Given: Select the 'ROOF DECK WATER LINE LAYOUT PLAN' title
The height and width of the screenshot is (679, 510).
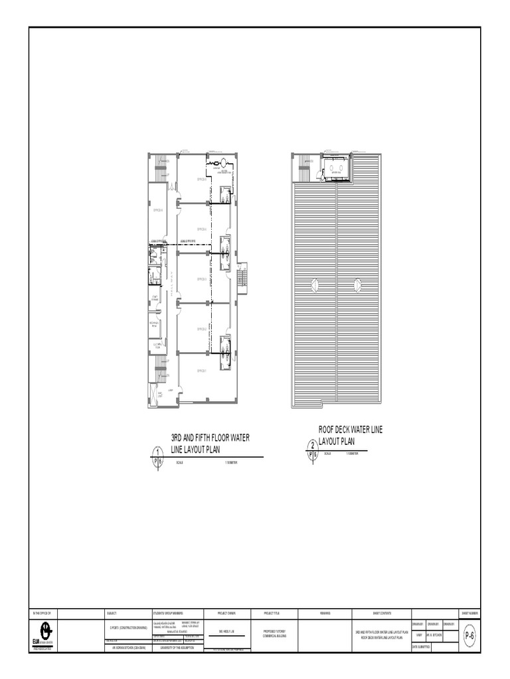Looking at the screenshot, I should coord(351,435).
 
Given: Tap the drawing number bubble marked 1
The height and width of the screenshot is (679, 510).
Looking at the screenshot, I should coord(157,453).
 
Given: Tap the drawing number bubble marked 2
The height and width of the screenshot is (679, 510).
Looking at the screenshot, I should coord(313,446).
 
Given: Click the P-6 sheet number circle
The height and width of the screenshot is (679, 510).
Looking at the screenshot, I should coord(469,635).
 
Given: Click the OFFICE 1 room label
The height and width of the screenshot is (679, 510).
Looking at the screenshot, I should coord(203,371).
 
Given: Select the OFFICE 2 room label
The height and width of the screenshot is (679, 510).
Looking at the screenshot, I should coord(203,328).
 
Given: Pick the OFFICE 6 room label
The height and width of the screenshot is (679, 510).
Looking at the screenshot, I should coord(157,210).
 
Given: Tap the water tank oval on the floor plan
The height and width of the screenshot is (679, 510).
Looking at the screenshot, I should coord(225,160).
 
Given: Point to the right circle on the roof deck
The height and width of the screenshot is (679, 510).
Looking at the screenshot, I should coord(358,285).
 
